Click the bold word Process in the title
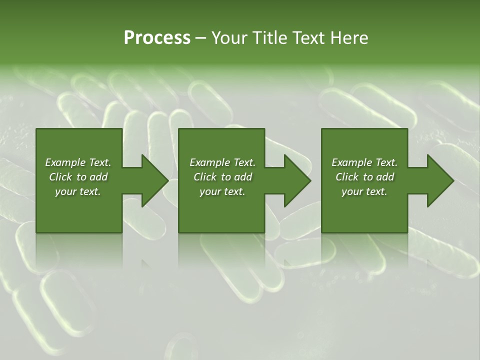(157, 38)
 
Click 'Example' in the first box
(64, 162)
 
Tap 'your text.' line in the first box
(78, 191)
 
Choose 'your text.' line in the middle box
(222, 191)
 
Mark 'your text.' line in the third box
(364, 191)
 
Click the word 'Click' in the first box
(60, 177)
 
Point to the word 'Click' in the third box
(347, 177)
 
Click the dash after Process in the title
(200, 38)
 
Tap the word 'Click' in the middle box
(205, 177)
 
